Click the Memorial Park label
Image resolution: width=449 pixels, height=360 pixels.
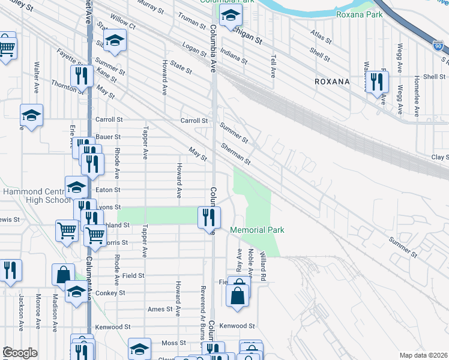pyautogui.click(x=257, y=230)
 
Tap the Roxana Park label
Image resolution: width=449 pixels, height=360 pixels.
pyautogui.click(x=360, y=14)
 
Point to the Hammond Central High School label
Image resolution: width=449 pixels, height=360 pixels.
pyautogui.click(x=37, y=196)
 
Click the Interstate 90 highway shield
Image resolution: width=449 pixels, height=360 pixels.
pyautogui.click(x=438, y=45)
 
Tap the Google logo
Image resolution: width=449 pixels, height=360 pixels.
pyautogui.click(x=20, y=352)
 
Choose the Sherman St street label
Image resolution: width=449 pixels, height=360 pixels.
pyautogui.click(x=235, y=154)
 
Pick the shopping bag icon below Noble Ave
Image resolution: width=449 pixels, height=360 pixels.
pyautogui.click(x=238, y=295)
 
